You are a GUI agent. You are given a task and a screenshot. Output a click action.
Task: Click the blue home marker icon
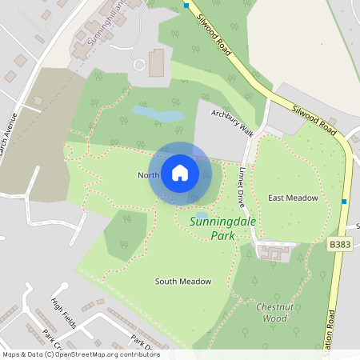(x=180, y=173)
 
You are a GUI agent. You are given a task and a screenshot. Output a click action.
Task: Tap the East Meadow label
(x=293, y=198)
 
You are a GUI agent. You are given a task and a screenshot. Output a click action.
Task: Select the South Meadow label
(x=183, y=282)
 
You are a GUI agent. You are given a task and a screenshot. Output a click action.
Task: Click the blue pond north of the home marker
(x=158, y=117)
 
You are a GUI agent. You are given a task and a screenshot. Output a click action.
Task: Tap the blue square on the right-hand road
(x=344, y=201)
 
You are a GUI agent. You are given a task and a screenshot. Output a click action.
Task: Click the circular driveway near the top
(x=140, y=63)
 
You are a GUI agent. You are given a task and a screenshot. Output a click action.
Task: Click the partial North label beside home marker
(x=148, y=175)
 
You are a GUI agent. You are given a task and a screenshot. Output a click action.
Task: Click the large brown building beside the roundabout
(x=156, y=62)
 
